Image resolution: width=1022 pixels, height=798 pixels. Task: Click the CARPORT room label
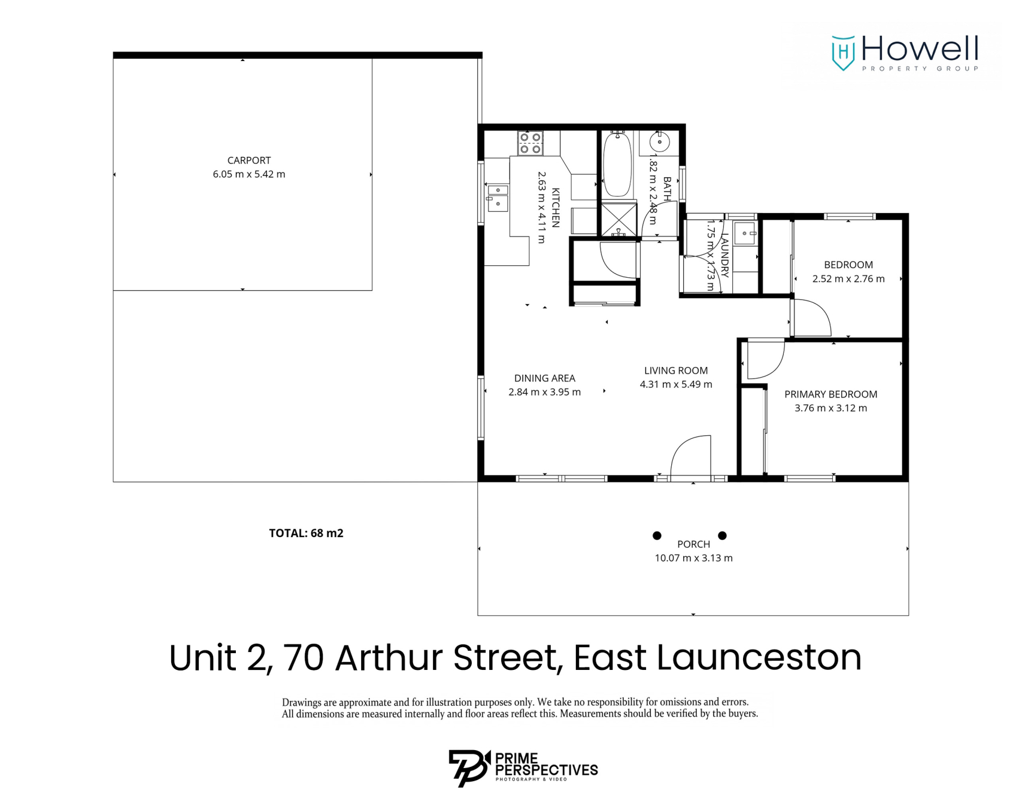tap(248, 160)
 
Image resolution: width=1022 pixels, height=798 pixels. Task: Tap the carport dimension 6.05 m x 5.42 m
tap(248, 174)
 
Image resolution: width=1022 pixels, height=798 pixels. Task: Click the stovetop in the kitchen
tap(530, 143)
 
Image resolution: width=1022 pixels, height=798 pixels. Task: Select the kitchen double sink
tap(498, 197)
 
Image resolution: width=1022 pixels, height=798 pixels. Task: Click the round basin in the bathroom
tap(659, 142)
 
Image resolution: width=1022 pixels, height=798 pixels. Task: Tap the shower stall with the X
tap(618, 219)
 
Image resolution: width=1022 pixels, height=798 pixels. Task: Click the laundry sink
tap(745, 233)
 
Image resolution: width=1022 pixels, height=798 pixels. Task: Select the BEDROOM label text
tap(848, 265)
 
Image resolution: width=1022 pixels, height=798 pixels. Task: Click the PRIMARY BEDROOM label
tap(830, 394)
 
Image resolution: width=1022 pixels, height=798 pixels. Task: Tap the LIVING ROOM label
tap(675, 371)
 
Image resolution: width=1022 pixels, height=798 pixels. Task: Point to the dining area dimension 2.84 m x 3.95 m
tap(544, 392)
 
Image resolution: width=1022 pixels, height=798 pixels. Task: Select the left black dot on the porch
tap(657, 535)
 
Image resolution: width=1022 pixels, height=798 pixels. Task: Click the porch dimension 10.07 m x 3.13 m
tap(693, 558)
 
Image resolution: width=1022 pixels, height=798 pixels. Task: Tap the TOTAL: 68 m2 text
tap(306, 533)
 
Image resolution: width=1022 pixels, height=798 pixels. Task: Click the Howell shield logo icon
tap(843, 53)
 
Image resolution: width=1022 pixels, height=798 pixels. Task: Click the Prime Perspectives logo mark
tap(469, 767)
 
